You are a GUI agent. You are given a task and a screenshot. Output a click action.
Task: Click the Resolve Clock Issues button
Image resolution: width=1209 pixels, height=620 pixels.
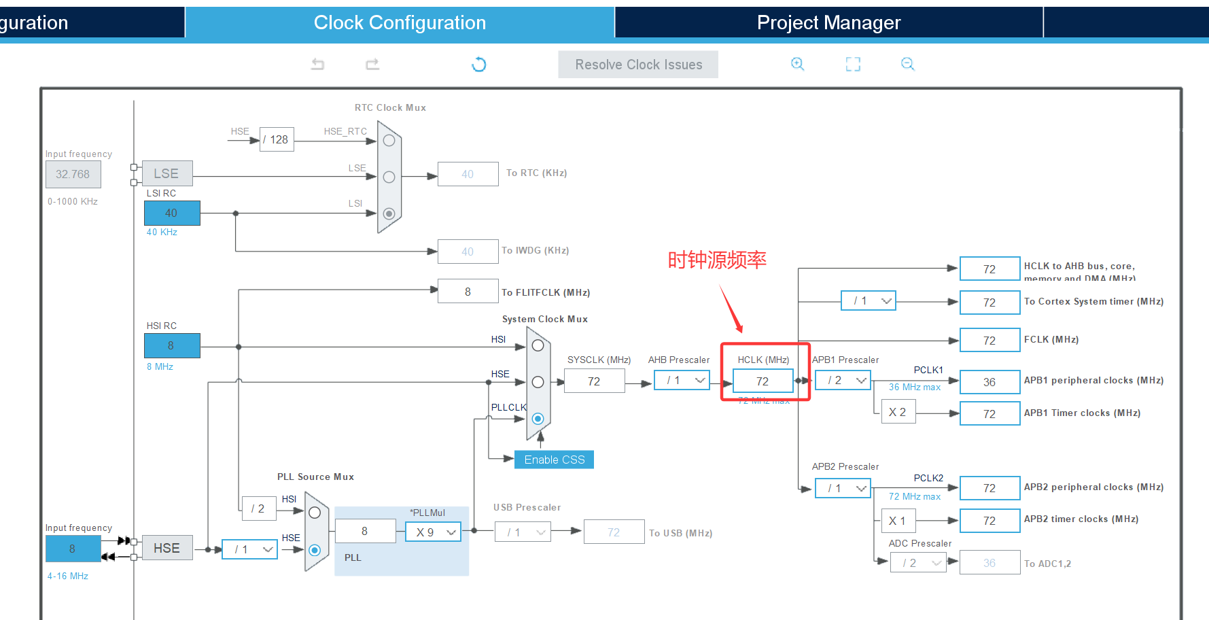638,65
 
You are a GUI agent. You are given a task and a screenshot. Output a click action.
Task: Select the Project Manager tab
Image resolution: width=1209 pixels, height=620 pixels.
828,22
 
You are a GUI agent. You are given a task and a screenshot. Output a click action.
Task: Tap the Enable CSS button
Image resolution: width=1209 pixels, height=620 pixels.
554,460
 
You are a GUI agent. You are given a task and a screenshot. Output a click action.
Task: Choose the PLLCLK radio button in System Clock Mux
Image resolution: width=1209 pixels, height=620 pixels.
538,418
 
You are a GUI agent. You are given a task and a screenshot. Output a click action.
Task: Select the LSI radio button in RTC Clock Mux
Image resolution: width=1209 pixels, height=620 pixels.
389,213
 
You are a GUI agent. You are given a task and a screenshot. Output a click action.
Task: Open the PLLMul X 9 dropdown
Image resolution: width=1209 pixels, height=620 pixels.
433,532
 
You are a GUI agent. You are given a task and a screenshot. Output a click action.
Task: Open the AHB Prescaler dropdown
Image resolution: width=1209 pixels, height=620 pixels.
682,380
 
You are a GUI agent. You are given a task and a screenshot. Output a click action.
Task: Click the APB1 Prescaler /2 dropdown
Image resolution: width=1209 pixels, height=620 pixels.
843,380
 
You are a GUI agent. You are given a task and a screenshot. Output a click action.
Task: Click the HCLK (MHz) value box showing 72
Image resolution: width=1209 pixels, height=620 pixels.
763,381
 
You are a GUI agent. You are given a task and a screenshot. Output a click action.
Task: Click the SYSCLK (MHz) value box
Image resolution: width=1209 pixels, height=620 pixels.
594,381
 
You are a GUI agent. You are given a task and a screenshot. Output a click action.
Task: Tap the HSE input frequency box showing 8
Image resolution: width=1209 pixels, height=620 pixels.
73,549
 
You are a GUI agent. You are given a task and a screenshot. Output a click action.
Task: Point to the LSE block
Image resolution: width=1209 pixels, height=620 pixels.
167,173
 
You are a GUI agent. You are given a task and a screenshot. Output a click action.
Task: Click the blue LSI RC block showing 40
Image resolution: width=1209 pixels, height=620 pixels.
171,213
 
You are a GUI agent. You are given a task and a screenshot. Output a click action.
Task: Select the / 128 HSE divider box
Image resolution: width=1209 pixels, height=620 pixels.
277,139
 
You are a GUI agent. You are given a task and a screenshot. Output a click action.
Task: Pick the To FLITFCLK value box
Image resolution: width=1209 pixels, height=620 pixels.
468,292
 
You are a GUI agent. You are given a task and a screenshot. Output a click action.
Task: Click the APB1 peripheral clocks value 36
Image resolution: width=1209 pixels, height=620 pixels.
989,382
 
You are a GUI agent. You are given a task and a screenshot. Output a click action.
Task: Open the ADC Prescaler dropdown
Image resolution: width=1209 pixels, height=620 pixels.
918,562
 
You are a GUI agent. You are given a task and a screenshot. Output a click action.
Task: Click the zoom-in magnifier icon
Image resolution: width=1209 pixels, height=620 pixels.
797,64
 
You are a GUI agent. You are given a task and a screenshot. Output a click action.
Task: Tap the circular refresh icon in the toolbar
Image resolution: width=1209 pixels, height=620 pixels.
479,65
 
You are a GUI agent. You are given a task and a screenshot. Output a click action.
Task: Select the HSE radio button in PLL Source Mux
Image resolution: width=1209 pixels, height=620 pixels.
315,549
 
